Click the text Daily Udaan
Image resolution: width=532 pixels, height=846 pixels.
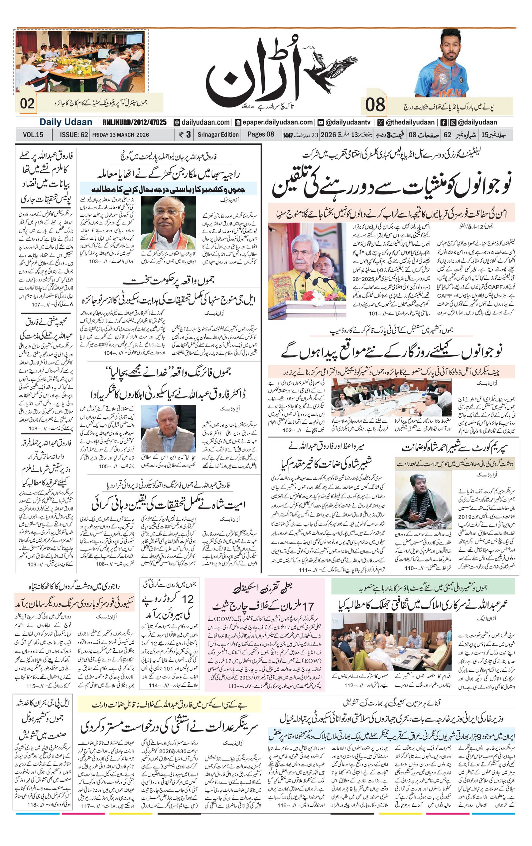(x=66, y=122)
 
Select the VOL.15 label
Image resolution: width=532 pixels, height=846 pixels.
(x=33, y=134)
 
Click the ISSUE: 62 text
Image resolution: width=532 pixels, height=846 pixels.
(x=73, y=134)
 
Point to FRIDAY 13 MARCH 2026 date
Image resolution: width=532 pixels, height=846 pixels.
(x=120, y=134)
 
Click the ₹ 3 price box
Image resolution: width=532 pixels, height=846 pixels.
(x=185, y=134)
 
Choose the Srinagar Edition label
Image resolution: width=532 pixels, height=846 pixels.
(x=218, y=134)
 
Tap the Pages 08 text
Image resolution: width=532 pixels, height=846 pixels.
(x=261, y=134)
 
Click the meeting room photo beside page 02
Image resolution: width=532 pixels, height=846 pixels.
(x=80, y=61)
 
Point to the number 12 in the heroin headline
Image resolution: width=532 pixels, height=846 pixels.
(x=188, y=599)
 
